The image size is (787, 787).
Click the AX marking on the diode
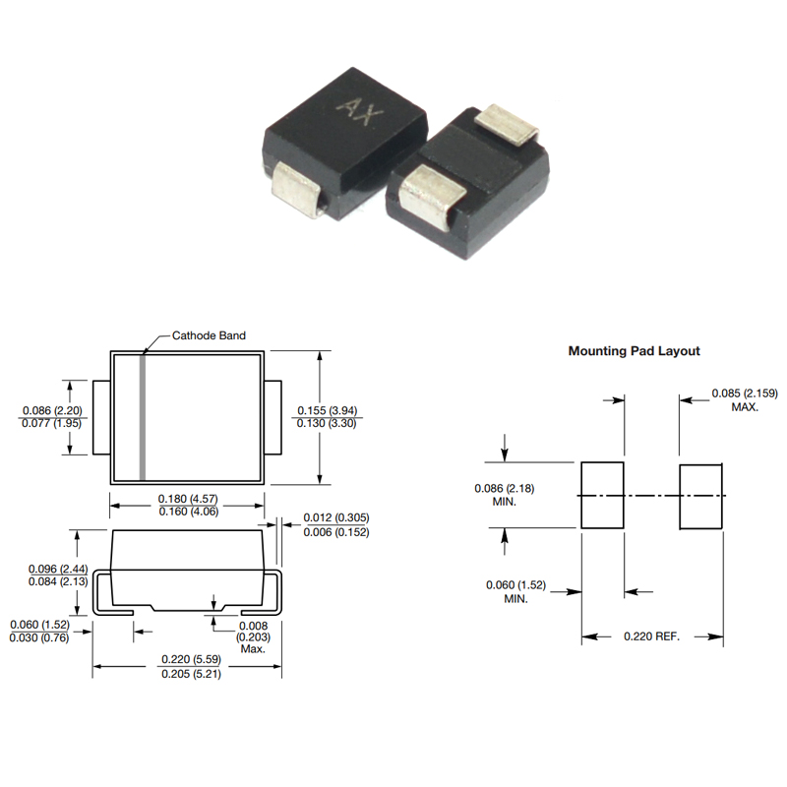pyautogui.click(x=359, y=112)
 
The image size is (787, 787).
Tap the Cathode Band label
pyautogui.click(x=209, y=335)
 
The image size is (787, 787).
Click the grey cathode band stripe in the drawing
pyautogui.click(x=143, y=417)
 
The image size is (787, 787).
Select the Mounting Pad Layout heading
pyautogui.click(x=634, y=351)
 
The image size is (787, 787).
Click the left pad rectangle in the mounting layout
pyautogui.click(x=602, y=496)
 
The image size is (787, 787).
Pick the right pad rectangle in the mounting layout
pyautogui.click(x=701, y=497)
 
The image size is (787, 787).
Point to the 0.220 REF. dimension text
pyautogui.click(x=651, y=636)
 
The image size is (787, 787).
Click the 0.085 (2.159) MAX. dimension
pyautogui.click(x=745, y=400)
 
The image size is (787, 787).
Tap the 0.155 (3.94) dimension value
pyautogui.click(x=328, y=410)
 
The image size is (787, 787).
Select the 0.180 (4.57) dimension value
pyautogui.click(x=188, y=499)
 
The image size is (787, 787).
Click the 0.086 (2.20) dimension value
pyautogui.click(x=52, y=410)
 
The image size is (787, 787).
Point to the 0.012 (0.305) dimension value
pyautogui.click(x=336, y=517)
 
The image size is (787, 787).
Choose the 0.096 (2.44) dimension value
pyautogui.click(x=58, y=569)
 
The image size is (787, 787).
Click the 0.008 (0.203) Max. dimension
pyautogui.click(x=254, y=637)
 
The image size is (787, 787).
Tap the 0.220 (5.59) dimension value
pyautogui.click(x=191, y=659)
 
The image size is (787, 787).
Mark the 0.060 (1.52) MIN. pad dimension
pyautogui.click(x=515, y=592)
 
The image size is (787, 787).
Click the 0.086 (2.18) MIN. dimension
pyautogui.click(x=505, y=495)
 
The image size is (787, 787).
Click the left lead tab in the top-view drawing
pyautogui.click(x=101, y=417)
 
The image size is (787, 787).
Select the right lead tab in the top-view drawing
pyautogui.click(x=273, y=417)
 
